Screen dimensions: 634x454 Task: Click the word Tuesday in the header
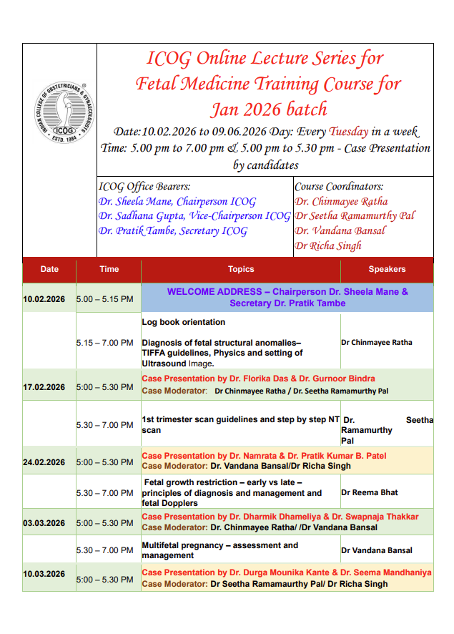click(349, 132)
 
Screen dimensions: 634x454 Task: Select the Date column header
click(49, 269)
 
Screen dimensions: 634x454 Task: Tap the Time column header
click(109, 269)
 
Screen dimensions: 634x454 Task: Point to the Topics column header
click(241, 269)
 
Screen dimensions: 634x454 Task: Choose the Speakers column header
click(387, 269)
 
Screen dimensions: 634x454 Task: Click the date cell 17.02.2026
click(44, 387)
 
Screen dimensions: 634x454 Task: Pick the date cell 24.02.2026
click(44, 462)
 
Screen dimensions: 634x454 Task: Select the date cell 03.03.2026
click(44, 523)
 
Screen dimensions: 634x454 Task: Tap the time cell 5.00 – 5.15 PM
click(104, 298)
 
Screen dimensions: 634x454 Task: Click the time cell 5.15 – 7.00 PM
click(104, 343)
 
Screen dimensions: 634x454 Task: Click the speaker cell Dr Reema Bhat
click(370, 492)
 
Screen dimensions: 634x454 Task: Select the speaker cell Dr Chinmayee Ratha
click(377, 343)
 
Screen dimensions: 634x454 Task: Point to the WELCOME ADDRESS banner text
click(287, 297)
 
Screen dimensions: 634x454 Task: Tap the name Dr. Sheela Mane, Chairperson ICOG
click(177, 202)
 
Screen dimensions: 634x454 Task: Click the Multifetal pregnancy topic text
click(220, 550)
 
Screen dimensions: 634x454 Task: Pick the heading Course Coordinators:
click(339, 187)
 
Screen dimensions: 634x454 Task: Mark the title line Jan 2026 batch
click(268, 109)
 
